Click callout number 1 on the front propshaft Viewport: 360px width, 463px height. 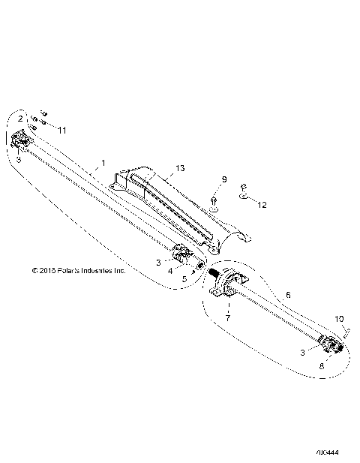click(103, 161)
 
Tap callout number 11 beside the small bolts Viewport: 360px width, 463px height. click(62, 130)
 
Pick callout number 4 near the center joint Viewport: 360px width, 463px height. click(171, 270)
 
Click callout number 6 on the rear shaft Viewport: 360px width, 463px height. click(288, 296)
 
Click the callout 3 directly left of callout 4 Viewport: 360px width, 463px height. click(157, 262)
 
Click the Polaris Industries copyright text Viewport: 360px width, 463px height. click(78, 270)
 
